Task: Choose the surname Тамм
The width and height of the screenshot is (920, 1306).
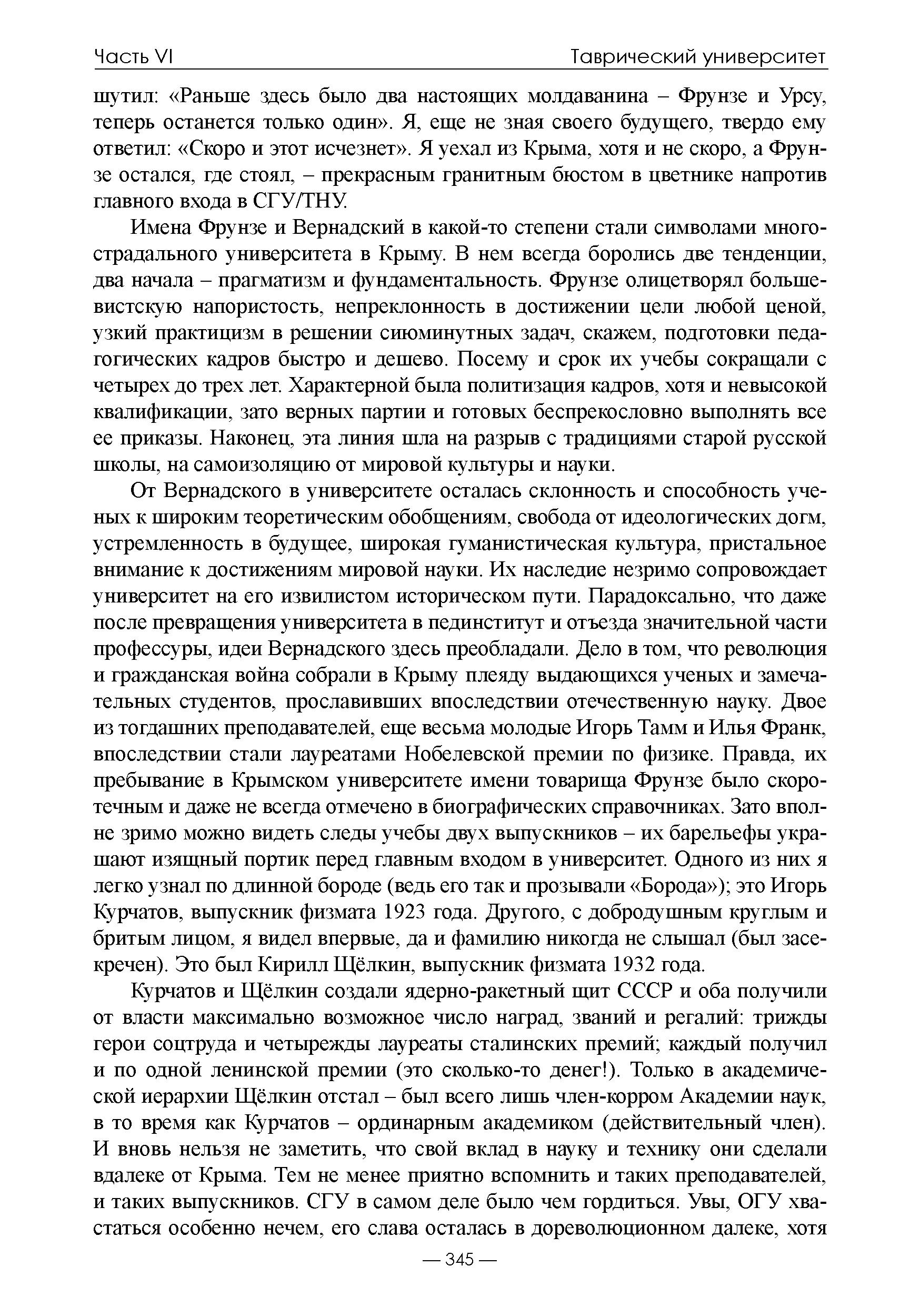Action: point(652,727)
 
